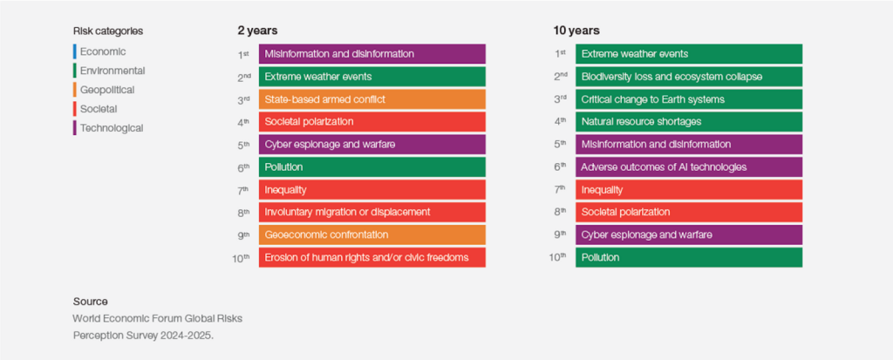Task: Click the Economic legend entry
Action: (103, 51)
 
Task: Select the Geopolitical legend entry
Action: (106, 90)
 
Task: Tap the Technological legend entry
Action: (111, 128)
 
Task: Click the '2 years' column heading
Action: (257, 31)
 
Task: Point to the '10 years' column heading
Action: (576, 31)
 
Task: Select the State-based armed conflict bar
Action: (372, 99)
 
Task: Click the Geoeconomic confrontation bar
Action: (372, 234)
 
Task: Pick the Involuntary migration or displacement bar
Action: (372, 212)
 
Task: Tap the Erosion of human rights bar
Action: (372, 257)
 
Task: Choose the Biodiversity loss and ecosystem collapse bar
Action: (688, 77)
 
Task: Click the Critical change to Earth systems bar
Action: (688, 99)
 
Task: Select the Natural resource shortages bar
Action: (688, 121)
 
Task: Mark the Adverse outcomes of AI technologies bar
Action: (688, 166)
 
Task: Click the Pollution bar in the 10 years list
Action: (688, 257)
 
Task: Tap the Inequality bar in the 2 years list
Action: (372, 189)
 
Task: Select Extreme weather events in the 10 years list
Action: (688, 54)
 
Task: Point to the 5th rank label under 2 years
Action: (245, 144)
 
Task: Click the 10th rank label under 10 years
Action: (559, 257)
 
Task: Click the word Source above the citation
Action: (91, 302)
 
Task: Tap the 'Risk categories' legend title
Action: (108, 31)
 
